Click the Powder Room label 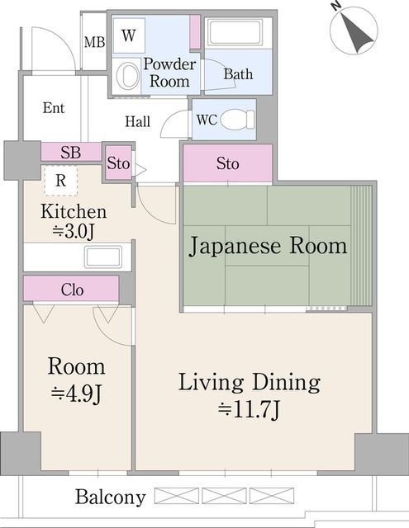click(x=169, y=73)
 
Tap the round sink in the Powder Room click(x=128, y=76)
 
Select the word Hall click(x=137, y=121)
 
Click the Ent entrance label click(x=54, y=108)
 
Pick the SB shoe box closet click(x=70, y=153)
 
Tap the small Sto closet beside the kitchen click(x=118, y=163)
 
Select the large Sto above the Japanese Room click(x=227, y=163)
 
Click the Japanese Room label click(x=269, y=246)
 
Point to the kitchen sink click(x=103, y=257)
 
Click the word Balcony click(x=110, y=497)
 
